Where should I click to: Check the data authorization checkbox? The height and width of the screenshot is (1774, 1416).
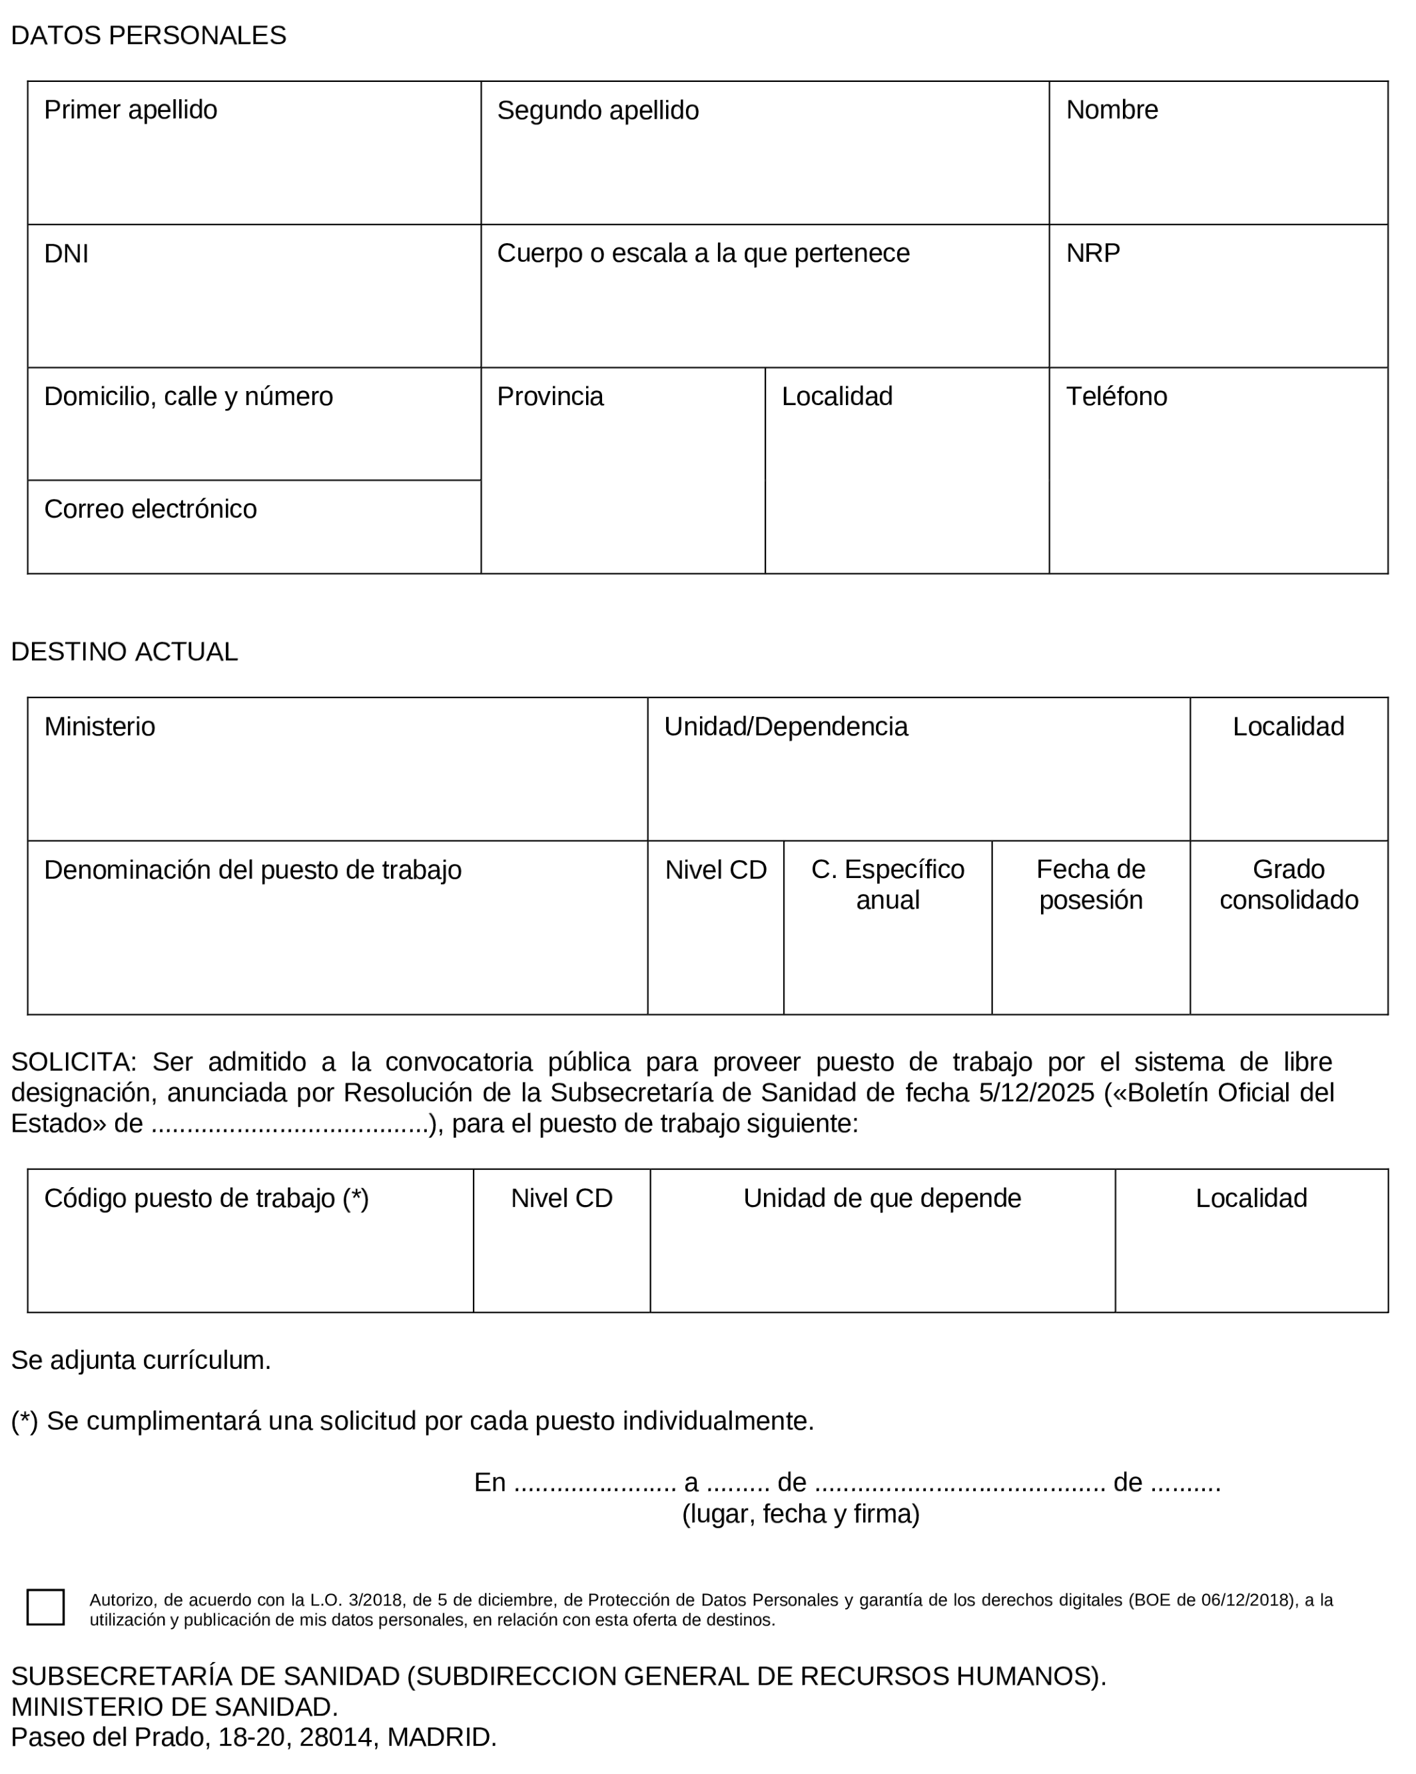coord(45,1606)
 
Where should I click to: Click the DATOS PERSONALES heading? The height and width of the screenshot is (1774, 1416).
coord(148,35)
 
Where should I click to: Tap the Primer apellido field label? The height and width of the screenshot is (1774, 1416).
coord(130,109)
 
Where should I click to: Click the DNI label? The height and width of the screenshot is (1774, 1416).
coord(66,253)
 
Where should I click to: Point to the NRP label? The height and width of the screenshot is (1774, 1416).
coord(1093,252)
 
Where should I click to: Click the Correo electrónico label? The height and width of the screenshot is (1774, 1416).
coord(150,508)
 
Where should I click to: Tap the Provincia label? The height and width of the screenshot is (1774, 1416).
coord(549,396)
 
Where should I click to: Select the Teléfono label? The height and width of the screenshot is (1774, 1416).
coord(1116,396)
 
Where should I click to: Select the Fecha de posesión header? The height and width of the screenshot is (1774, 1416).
coord(1090,884)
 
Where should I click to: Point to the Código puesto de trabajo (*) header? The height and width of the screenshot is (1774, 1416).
coord(206,1197)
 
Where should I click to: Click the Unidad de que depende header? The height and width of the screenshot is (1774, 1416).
coord(881,1197)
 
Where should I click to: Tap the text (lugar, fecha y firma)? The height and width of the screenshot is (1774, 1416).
coord(800,1513)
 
